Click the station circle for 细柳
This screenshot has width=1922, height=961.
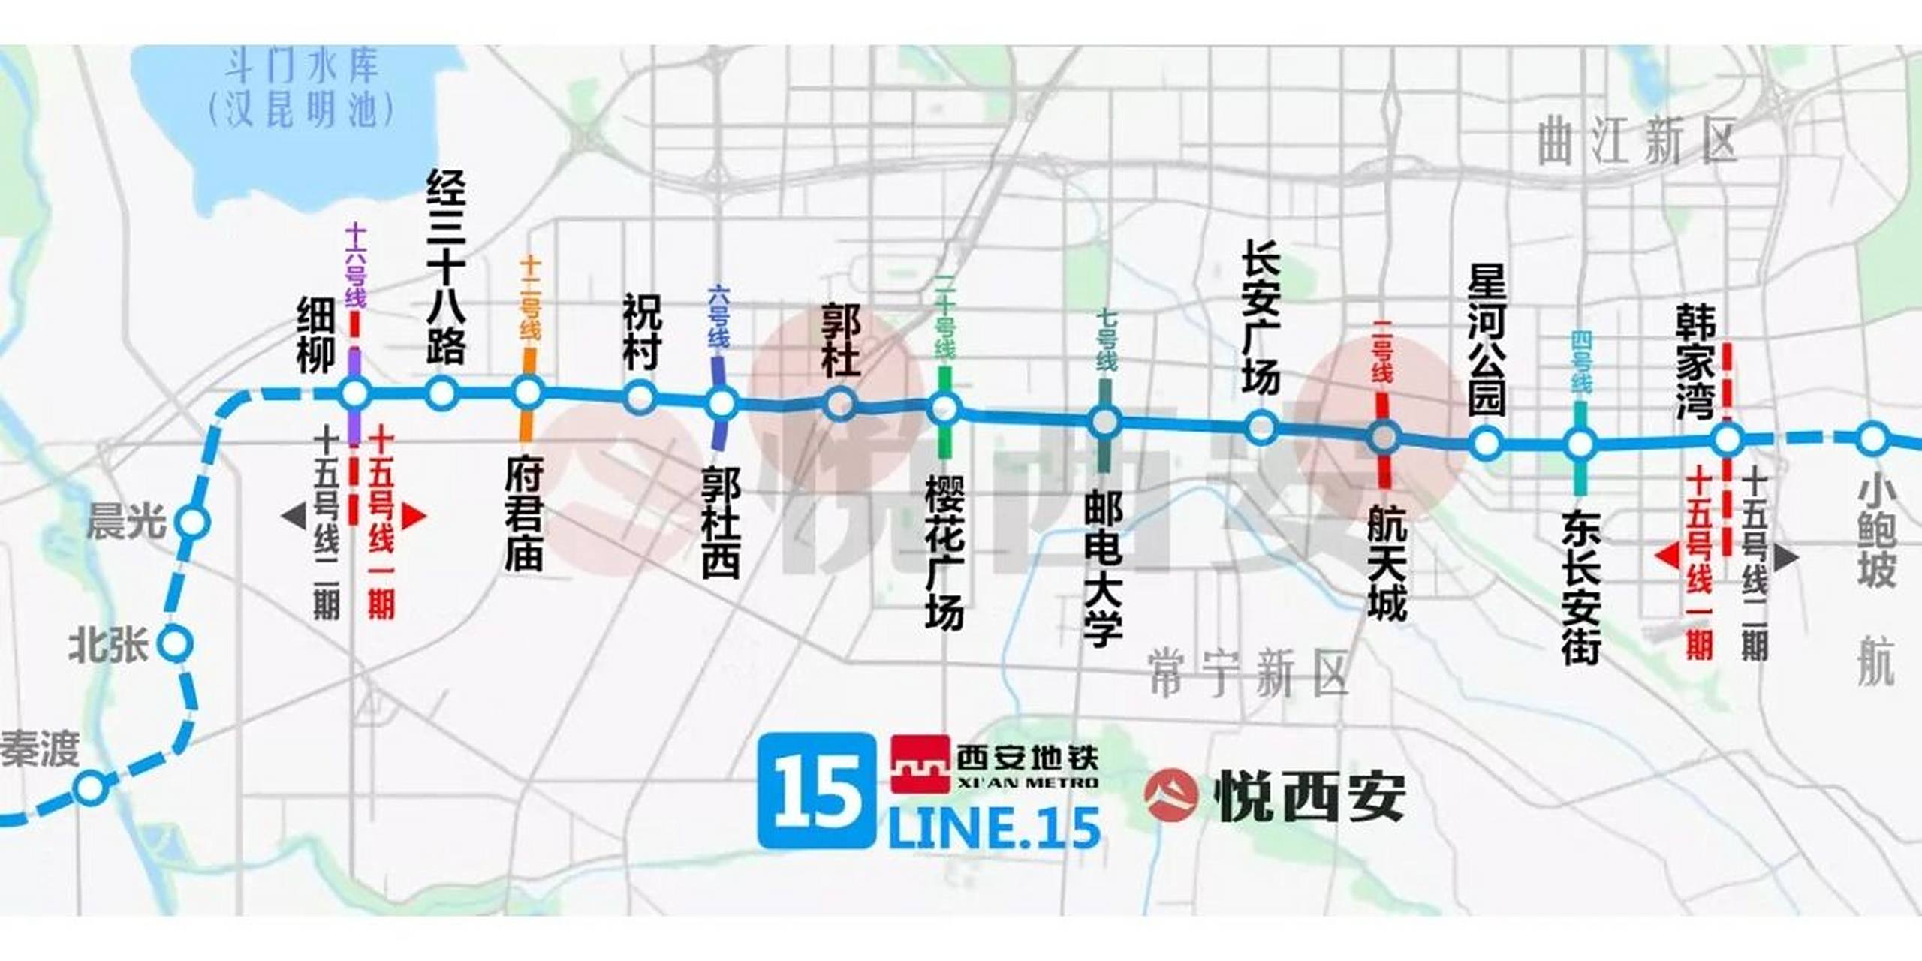click(354, 393)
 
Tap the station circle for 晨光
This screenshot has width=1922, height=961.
click(193, 522)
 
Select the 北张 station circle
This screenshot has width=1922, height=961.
click(177, 643)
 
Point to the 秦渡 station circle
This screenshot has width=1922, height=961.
click(89, 788)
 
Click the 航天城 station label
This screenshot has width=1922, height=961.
click(1385, 563)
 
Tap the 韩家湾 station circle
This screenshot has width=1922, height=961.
click(1728, 440)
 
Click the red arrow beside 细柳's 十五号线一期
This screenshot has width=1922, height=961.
click(414, 516)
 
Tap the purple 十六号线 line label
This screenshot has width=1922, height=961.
click(354, 267)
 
